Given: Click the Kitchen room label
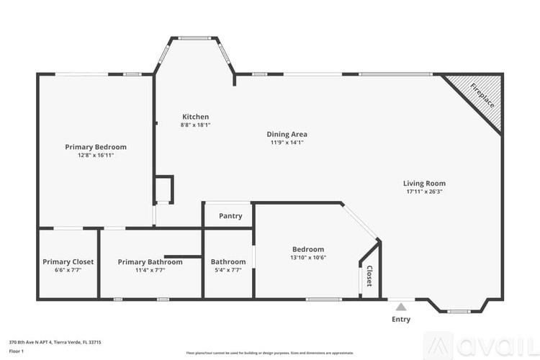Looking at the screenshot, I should pos(195,117).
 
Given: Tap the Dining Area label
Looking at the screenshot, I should pos(287,134).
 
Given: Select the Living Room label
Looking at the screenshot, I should pos(424,183).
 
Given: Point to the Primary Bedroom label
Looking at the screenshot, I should pos(96,147).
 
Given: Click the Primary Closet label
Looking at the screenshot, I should pos(68,262).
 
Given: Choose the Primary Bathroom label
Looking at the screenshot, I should pos(150,262).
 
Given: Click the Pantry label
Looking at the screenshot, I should pos(230,216).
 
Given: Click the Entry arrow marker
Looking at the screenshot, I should pos(401,307).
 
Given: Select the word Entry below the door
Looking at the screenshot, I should pos(401,319).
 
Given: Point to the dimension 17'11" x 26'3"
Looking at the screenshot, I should pos(424,192).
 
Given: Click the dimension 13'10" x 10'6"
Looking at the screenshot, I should pos(308,258).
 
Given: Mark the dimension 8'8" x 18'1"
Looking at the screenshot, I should pos(195,125).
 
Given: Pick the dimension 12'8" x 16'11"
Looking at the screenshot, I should pos(96,155).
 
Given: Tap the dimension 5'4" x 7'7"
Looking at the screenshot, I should pos(228,270).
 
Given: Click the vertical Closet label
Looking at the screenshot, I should pos(369,276).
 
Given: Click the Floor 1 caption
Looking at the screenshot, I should pos(17,351).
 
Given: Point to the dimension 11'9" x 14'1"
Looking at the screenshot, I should pos(287,143).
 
